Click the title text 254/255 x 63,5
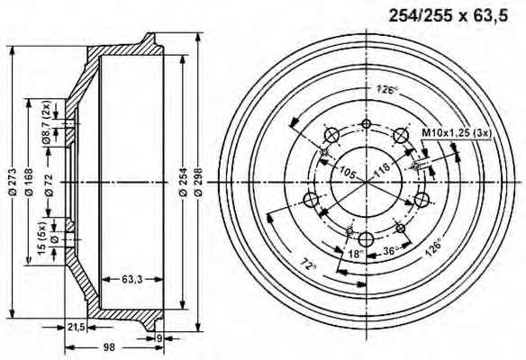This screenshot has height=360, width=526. pyautogui.click(x=449, y=15)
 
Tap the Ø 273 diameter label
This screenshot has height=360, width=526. pyautogui.click(x=12, y=182)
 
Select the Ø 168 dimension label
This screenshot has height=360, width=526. pyautogui.click(x=29, y=182)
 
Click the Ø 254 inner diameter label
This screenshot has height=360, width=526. pyautogui.click(x=183, y=182)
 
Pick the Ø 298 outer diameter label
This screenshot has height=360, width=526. pyautogui.click(x=198, y=182)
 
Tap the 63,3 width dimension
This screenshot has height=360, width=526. pyautogui.click(x=131, y=279)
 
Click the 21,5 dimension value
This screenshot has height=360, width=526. pyautogui.click(x=76, y=327)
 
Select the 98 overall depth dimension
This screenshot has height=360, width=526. pyautogui.click(x=109, y=347)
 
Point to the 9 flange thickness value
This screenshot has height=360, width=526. pyautogui.click(x=159, y=338)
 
